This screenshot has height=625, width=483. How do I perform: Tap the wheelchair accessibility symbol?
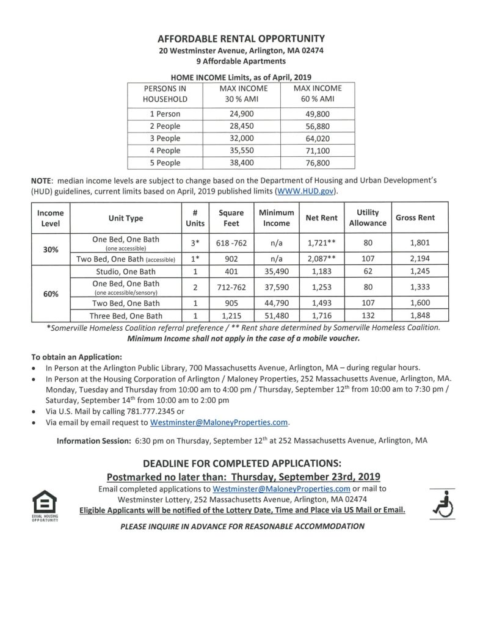pos(441,501)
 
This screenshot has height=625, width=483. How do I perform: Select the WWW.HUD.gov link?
pos(308,191)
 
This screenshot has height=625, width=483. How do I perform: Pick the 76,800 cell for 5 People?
pos(314,163)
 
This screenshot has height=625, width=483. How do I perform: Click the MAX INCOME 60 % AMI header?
pos(314,93)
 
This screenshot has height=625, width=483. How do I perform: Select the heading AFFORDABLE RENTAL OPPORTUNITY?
pos(241,37)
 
